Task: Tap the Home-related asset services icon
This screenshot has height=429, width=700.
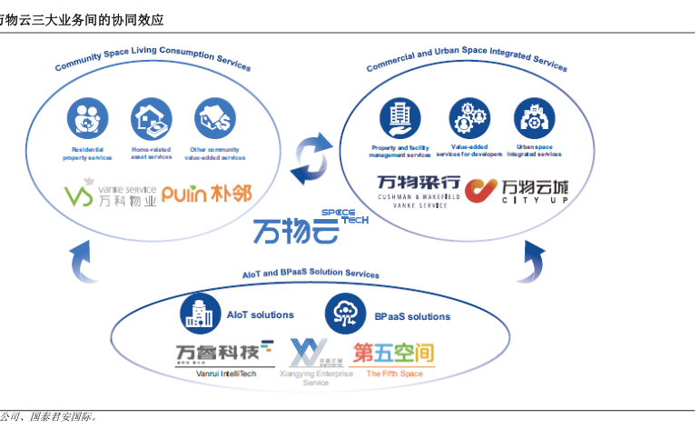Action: [151, 117]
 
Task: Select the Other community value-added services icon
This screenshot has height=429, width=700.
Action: [214, 117]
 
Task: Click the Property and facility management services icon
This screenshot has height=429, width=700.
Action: [399, 117]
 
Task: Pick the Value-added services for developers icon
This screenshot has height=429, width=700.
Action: [469, 117]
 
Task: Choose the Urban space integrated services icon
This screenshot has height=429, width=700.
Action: [534, 117]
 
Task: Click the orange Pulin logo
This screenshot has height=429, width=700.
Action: [206, 194]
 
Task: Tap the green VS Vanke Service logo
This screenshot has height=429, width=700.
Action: [110, 194]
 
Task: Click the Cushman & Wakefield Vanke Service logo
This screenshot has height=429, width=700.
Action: [419, 191]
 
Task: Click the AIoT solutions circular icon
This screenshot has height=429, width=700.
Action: [198, 314]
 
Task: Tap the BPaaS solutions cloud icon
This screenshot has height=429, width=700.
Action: [345, 314]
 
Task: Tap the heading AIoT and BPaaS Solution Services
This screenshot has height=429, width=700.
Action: [311, 274]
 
